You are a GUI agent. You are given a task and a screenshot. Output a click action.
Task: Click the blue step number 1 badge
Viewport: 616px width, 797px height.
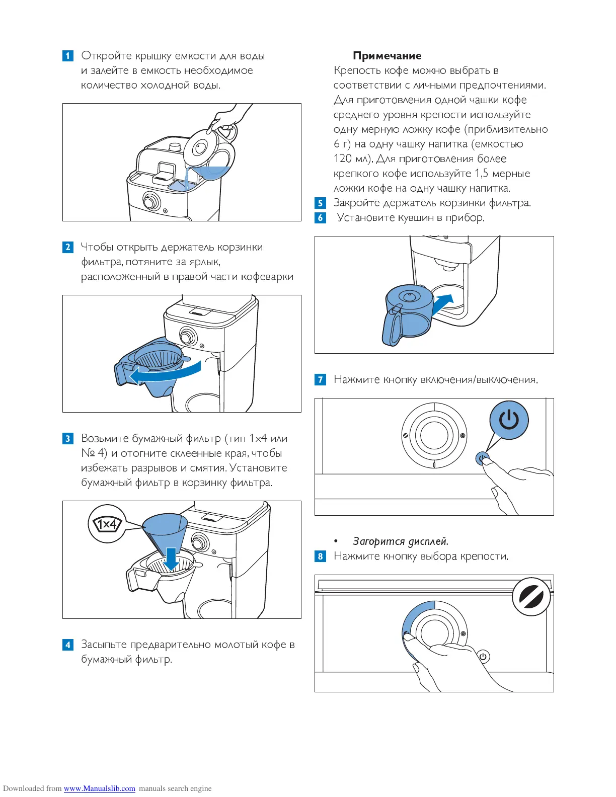point(68,56)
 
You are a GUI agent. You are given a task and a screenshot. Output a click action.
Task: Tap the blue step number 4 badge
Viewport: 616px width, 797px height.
point(68,645)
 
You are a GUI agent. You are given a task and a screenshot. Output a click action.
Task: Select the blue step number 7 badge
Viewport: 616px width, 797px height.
point(320,379)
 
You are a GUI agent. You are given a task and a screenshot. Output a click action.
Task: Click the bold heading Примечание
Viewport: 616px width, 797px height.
point(387,56)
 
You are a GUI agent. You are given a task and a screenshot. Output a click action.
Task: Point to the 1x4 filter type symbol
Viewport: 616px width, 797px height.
point(107,524)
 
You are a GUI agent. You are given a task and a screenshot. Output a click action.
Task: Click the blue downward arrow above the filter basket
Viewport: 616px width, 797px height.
point(172,559)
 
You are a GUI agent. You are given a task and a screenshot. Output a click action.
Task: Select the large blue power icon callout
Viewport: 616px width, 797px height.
point(509,420)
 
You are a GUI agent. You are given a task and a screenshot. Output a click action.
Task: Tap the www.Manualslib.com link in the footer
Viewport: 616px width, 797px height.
point(99,788)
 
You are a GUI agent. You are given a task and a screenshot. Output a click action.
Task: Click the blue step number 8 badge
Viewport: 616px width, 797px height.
point(320,556)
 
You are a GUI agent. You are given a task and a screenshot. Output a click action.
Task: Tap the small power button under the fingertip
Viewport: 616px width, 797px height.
point(482,458)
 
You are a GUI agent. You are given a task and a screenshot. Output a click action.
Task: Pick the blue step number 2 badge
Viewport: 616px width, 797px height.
point(68,247)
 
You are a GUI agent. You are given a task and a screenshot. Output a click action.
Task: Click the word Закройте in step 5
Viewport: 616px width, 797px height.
point(356,203)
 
